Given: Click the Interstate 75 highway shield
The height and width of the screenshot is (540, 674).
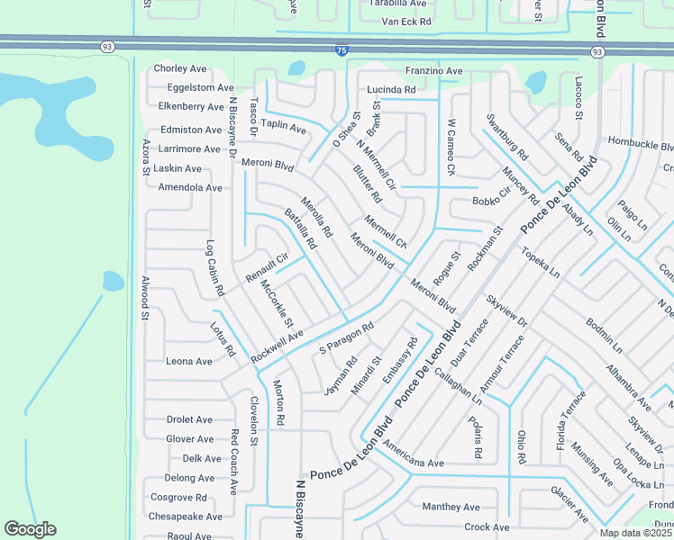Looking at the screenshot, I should point(340,52).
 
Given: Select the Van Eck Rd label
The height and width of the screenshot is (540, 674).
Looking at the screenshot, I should point(406,21).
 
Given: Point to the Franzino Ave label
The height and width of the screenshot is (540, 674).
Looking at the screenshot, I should point(433,71).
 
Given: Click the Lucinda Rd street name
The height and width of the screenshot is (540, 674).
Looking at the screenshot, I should point(391,90).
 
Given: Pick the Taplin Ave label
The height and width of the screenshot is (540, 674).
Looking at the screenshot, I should point(285,129).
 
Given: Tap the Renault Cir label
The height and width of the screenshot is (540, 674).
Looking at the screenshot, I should point(267,264).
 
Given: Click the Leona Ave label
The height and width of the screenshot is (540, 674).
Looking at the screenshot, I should point(189,361).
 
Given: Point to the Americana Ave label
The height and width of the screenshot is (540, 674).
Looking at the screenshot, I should point(411,462).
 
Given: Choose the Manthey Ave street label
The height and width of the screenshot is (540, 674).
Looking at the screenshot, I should point(451,507).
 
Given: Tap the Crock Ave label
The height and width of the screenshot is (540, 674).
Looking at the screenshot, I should point(487,527).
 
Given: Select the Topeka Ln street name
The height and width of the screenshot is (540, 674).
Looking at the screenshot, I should point(542,263).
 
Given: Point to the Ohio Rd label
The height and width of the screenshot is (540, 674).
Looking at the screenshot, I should point(521,447).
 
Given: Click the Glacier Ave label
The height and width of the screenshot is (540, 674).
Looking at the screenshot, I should point(569,504).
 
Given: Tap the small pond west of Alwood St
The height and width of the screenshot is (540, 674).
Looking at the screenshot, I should point(113,282).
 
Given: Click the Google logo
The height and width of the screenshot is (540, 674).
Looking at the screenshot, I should point(31,529).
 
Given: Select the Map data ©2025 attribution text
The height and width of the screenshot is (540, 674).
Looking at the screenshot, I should point(635,533).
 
